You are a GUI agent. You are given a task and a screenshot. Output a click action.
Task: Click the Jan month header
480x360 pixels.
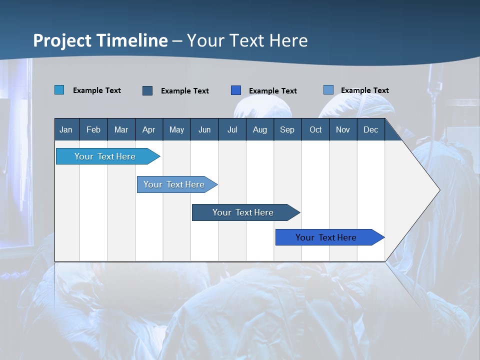point(66,130)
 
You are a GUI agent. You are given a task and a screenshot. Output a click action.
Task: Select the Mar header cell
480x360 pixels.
point(121,130)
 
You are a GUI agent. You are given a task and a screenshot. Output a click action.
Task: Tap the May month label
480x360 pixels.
point(176,130)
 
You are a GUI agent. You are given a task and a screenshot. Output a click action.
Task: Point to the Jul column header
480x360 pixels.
point(232,130)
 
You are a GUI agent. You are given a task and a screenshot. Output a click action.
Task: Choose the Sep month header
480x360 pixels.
point(287,130)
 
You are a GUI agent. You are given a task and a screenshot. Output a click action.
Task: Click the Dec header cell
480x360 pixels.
point(370,130)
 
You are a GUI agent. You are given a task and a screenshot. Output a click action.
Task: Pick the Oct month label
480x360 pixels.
point(315,130)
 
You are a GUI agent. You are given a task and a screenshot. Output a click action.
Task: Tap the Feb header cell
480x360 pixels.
point(93,130)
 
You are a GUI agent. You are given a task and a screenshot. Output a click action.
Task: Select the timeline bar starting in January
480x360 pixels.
point(105,156)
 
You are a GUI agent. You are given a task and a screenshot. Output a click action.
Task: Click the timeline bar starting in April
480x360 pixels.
point(174,184)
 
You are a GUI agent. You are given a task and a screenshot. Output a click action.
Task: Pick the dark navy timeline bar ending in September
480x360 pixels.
point(243,212)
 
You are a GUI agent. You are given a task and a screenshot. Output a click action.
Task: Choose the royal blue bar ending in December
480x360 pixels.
point(326,237)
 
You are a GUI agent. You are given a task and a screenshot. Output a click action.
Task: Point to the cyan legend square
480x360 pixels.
point(59,90)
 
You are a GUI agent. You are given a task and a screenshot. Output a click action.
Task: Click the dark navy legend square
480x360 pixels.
point(147,90)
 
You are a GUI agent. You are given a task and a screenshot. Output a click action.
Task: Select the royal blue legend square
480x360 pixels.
point(236,90)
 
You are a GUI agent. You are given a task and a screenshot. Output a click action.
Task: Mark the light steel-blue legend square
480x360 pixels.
point(328,90)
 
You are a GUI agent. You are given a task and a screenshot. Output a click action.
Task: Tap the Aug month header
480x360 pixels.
point(259,130)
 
